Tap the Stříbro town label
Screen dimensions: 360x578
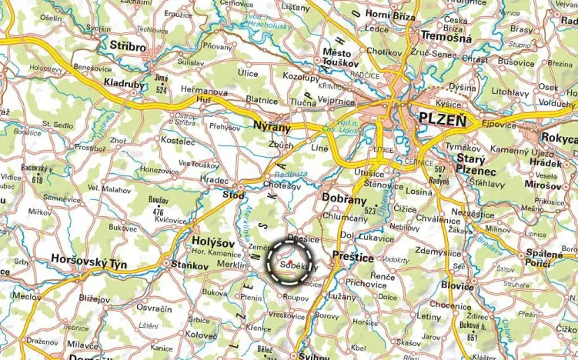(x=128, y=47)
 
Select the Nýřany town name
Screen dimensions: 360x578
(x=273, y=125)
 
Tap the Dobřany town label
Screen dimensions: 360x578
(x=343, y=198)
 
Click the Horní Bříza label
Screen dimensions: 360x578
(x=390, y=15)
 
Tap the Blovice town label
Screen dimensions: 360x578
(x=458, y=285)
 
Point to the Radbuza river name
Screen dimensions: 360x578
(x=295, y=175)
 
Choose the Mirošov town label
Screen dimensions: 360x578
(x=545, y=185)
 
